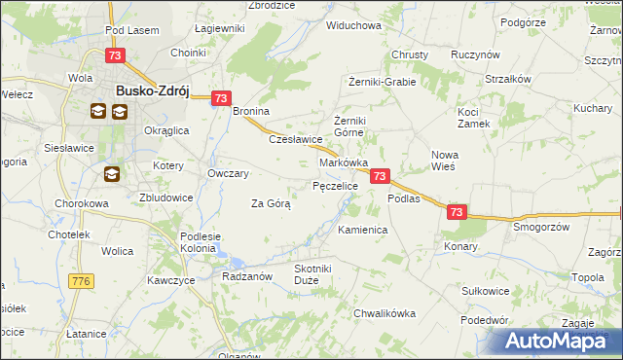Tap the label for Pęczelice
tap(335, 185)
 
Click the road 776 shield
tap(81, 281)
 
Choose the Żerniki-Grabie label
tap(389, 83)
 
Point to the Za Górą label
tap(271, 203)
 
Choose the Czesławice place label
tap(295, 139)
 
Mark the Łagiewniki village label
tap(219, 28)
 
